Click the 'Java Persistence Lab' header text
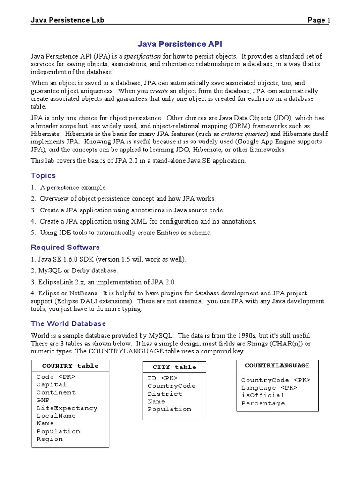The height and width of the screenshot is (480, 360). tap(67, 20)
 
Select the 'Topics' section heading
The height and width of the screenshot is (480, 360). tap(43, 175)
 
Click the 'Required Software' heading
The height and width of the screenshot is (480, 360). tap(65, 247)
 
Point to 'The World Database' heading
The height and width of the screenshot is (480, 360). tap(68, 323)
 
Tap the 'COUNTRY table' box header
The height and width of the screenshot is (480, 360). tap(70, 366)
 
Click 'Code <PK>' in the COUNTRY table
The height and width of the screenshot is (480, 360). tap(56, 377)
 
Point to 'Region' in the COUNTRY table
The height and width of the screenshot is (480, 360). tap(50, 439)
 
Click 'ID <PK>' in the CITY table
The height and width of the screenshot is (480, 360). tap(163, 378)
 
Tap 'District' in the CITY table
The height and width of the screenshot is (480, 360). tap(165, 394)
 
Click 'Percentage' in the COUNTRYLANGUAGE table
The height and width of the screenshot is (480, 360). tap(263, 403)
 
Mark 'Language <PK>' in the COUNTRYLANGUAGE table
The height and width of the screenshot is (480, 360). tap(269, 388)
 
